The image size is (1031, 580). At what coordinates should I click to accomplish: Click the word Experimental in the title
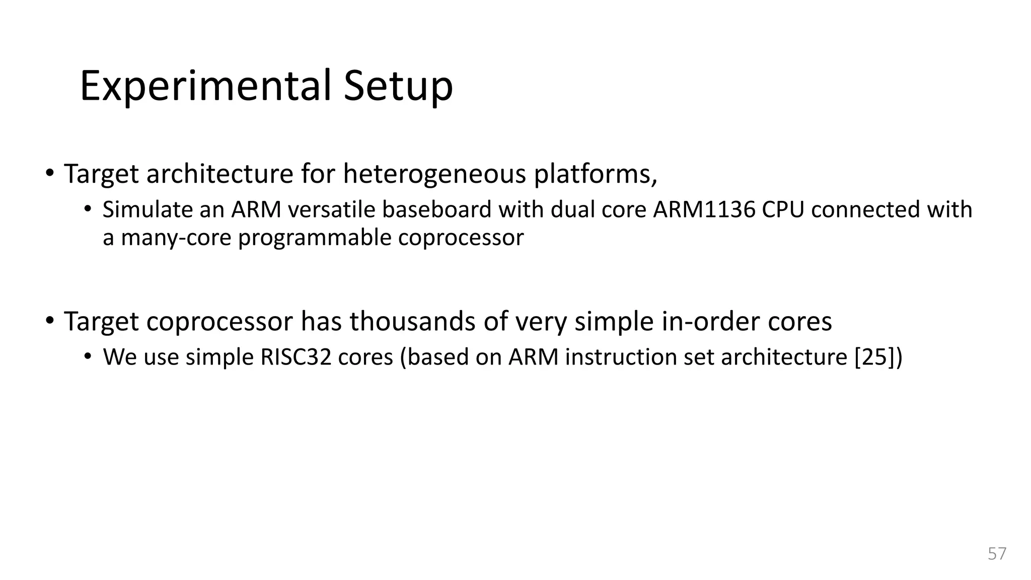click(x=205, y=86)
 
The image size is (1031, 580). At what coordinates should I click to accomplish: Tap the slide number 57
click(x=997, y=553)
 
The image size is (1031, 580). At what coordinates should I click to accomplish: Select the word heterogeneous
click(x=434, y=174)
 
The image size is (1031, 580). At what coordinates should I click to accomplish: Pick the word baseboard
click(x=436, y=209)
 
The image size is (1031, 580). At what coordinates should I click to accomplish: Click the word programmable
click(x=315, y=238)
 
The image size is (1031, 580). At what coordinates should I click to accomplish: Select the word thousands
click(x=412, y=321)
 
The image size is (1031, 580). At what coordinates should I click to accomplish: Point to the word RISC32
click(x=296, y=357)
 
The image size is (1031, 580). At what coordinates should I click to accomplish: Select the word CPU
click(x=783, y=209)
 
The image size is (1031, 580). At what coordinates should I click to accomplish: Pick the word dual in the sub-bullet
click(x=568, y=209)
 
